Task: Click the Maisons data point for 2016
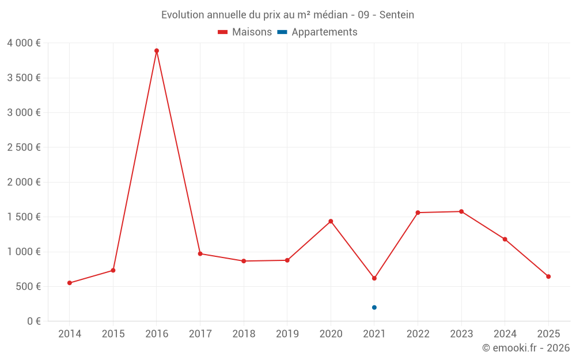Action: point(157,51)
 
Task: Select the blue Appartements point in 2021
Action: point(374,308)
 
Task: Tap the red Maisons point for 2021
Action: point(374,278)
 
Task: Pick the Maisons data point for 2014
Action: point(70,283)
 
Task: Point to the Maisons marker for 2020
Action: point(331,221)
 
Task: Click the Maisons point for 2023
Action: point(461,211)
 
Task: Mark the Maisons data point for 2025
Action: point(548,276)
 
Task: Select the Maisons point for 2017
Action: point(200,253)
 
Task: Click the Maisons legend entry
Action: point(245,32)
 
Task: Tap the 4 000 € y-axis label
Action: point(24,43)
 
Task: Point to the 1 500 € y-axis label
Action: point(24,217)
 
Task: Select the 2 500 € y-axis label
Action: point(24,147)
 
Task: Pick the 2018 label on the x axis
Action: point(244,334)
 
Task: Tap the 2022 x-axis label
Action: point(418,334)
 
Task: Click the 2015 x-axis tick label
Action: point(113,334)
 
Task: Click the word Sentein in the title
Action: point(396,15)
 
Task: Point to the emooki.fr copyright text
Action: point(526,348)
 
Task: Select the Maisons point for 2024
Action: point(505,239)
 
